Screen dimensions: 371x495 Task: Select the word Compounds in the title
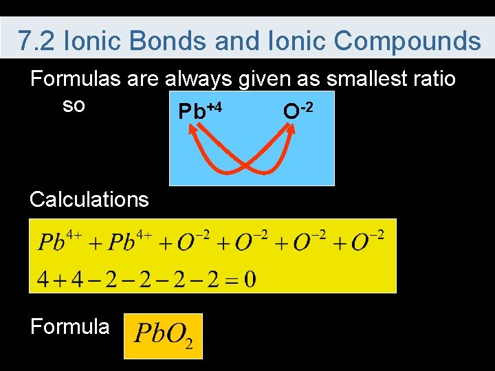[x=407, y=41]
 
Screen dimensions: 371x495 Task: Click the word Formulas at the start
[x=75, y=79]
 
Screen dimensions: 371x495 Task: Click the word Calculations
[x=89, y=200]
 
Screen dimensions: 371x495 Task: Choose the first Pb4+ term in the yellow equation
[x=60, y=242]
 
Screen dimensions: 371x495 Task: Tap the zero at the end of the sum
[x=250, y=279]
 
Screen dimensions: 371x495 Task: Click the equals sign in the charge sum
[x=231, y=279]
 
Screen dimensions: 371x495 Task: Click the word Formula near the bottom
[x=69, y=326]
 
